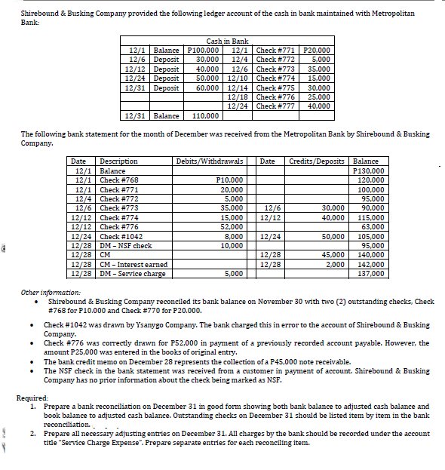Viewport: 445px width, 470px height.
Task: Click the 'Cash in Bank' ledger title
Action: click(x=227, y=41)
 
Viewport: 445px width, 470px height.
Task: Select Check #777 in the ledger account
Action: click(x=275, y=106)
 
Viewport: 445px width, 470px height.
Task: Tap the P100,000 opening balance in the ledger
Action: click(x=202, y=49)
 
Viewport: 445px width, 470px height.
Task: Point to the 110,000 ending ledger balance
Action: click(x=206, y=116)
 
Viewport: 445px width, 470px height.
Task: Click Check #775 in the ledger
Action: click(x=275, y=87)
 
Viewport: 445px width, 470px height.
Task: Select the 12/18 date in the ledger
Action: click(x=237, y=97)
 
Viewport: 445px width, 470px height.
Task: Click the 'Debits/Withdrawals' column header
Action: click(x=209, y=161)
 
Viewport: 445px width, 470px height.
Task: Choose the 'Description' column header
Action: click(x=118, y=161)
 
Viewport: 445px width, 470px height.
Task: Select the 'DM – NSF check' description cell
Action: click(x=125, y=245)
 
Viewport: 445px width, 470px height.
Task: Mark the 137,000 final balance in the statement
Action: click(x=372, y=273)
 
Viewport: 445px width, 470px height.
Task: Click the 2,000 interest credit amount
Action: click(x=334, y=264)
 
